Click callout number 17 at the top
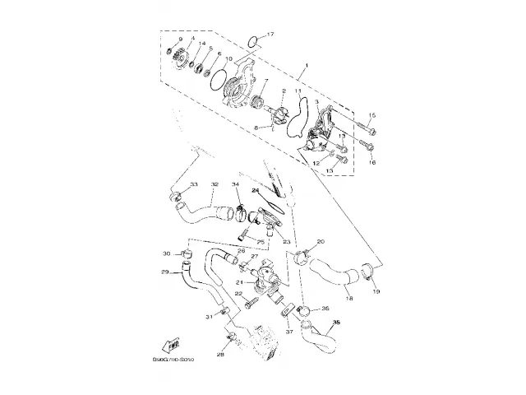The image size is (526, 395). pos(272,34)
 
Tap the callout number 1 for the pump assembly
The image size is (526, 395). pos(307,65)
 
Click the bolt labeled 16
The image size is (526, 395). pos(367,147)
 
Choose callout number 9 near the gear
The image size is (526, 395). pos(180,39)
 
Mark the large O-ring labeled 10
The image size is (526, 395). pos(217,80)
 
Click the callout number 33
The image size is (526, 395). pos(193,184)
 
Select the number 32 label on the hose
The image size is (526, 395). pos(214,184)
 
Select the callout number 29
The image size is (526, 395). pos(164,271)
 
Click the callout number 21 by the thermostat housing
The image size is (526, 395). pos(240,281)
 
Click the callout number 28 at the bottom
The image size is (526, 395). pos(220,355)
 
